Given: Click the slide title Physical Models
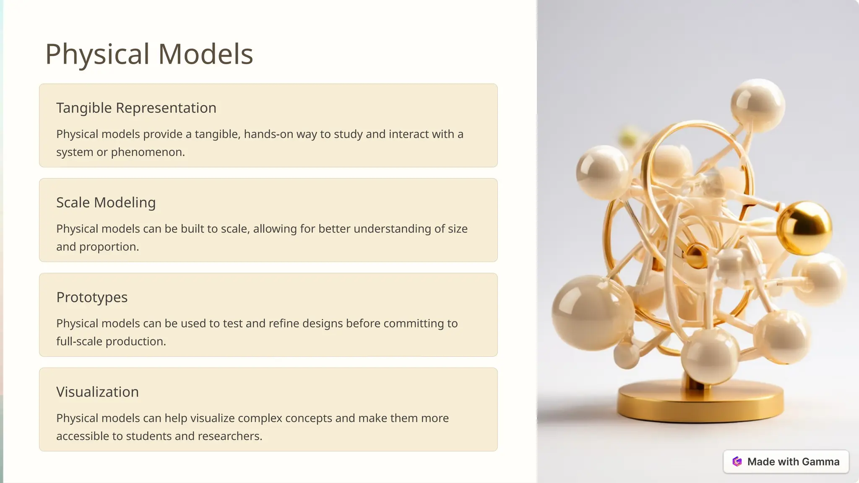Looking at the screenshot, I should pyautogui.click(x=149, y=54).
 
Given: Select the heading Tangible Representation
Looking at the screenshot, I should pyautogui.click(x=136, y=108).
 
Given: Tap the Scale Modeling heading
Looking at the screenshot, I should pyautogui.click(x=106, y=203).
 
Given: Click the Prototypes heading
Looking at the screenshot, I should pyautogui.click(x=92, y=297).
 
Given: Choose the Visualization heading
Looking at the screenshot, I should pyautogui.click(x=97, y=392).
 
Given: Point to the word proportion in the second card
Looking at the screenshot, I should pyautogui.click(x=109, y=247).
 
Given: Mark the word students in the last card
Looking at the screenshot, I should pyautogui.click(x=149, y=436).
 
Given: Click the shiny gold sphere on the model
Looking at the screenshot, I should pyautogui.click(x=804, y=229).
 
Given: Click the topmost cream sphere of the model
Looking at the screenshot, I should pyautogui.click(x=757, y=105).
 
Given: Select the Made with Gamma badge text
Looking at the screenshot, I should pyautogui.click(x=793, y=462).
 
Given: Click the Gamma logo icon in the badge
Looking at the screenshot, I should pyautogui.click(x=737, y=462).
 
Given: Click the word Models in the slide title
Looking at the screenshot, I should pyautogui.click(x=206, y=54).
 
